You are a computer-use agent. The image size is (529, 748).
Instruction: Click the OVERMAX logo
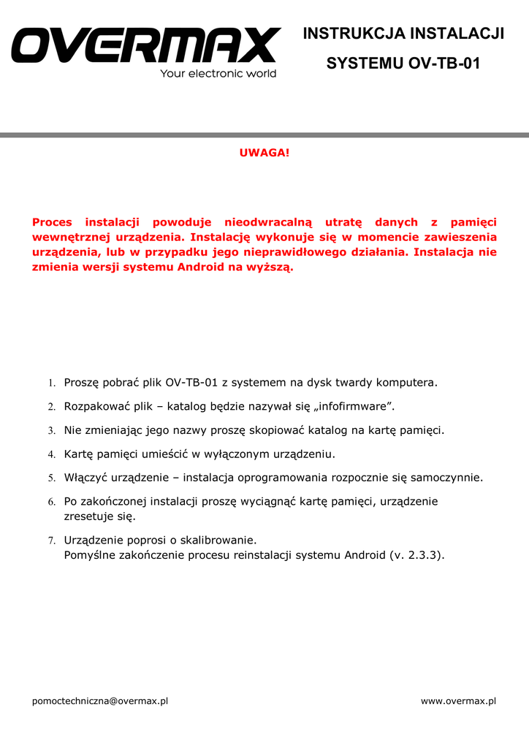[x=145, y=45]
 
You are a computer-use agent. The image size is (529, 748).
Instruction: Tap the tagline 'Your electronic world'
[x=218, y=74]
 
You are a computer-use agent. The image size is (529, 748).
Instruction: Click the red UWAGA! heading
[x=264, y=152]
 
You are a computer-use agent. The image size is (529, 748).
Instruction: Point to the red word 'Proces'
[x=52, y=222]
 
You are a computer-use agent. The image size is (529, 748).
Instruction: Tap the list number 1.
[x=52, y=383]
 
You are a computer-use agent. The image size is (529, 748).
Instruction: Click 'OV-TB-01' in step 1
[x=191, y=382]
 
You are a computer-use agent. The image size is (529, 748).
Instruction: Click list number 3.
[x=52, y=431]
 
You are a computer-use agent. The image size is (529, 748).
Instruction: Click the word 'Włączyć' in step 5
[x=85, y=478]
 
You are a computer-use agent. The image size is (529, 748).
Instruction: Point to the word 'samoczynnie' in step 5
[x=445, y=478]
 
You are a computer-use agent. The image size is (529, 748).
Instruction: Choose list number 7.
[x=52, y=541]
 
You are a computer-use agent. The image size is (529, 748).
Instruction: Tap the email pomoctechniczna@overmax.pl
[x=100, y=701]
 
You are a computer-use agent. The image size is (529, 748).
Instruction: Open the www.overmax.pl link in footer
[x=458, y=701]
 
